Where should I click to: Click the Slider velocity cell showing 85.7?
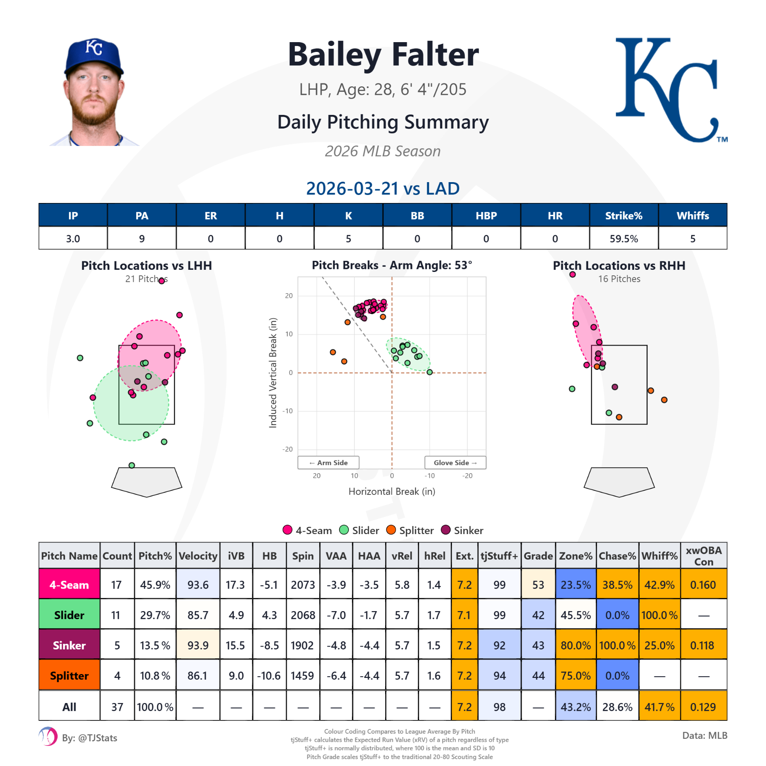[198, 615]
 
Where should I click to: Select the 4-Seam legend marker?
[288, 530]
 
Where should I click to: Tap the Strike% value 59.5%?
[623, 239]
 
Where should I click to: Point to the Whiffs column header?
[692, 216]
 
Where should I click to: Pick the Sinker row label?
[69, 645]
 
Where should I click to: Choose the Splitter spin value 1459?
[303, 676]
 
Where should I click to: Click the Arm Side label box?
[328, 463]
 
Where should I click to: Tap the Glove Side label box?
[455, 463]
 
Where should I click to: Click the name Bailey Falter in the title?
[383, 55]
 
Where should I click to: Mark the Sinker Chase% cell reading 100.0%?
[617, 645]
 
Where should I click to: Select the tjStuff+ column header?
[499, 556]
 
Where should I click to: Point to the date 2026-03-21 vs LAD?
[383, 189]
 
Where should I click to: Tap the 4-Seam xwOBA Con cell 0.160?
[703, 585]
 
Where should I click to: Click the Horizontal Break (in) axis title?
[392, 492]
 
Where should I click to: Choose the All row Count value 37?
[117, 707]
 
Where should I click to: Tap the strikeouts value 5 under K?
[348, 239]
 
